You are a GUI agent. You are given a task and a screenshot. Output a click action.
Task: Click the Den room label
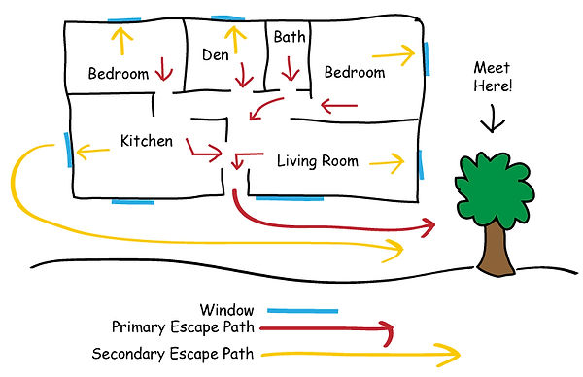[215, 55]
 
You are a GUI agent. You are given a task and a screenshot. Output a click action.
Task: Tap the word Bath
[289, 37]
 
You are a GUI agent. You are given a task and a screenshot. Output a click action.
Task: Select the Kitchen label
[146, 142]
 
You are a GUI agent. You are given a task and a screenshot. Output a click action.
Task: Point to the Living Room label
[318, 160]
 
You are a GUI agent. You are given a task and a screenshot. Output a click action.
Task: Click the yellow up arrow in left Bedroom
[121, 41]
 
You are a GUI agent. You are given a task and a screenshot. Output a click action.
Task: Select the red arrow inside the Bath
[289, 69]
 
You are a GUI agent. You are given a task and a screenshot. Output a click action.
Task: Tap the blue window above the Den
[224, 18]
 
